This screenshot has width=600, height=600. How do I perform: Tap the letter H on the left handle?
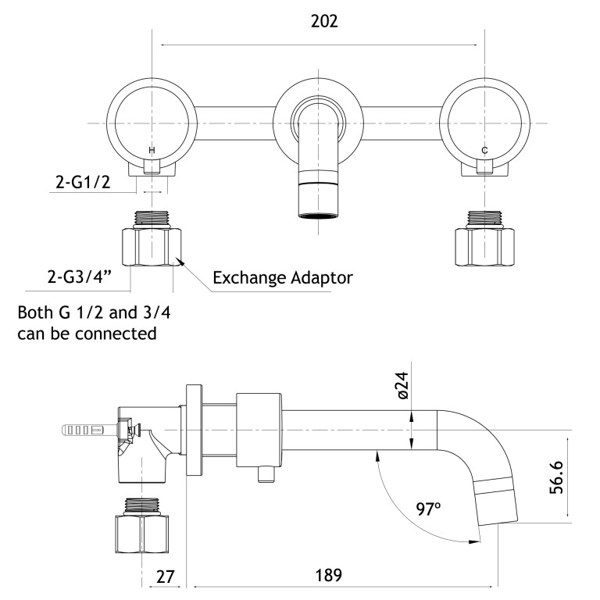tap(152, 149)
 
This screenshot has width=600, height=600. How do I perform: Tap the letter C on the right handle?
tap(484, 149)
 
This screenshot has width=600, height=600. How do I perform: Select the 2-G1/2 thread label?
tap(82, 182)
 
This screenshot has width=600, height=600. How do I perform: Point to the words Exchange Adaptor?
tap(283, 277)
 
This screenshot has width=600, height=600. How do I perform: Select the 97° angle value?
tap(428, 509)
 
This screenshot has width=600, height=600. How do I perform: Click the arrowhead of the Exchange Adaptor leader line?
tap(180, 262)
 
